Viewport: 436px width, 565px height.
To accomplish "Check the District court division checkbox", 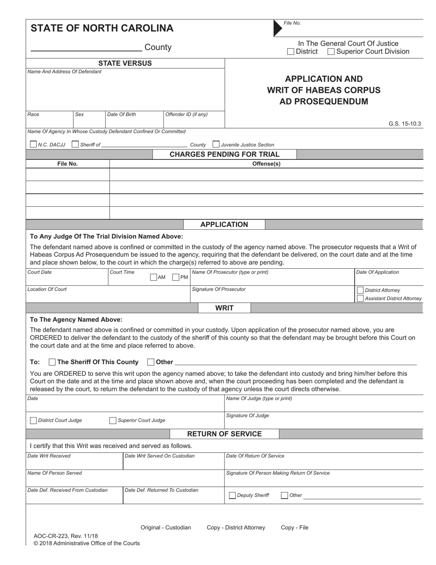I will [x=291, y=52].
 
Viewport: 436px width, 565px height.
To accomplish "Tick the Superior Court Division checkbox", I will [x=331, y=52].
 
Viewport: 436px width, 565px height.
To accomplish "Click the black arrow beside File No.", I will [x=278, y=28].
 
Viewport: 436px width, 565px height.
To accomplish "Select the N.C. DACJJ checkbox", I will [x=33, y=144].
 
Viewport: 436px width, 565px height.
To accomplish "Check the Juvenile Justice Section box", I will [x=216, y=144].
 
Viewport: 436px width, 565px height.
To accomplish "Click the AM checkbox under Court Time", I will [x=154, y=277].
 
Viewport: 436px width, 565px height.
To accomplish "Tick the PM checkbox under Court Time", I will [x=176, y=277].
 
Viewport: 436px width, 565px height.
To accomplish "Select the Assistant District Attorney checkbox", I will [x=360, y=299].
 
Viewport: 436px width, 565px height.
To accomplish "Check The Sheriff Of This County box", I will [x=52, y=362].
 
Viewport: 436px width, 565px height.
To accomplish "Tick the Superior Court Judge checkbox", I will [x=112, y=420].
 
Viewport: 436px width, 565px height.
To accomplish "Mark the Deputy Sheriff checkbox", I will [x=232, y=495].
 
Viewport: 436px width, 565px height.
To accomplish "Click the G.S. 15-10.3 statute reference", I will [x=404, y=124].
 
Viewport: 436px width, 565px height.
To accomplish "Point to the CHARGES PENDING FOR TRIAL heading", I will [x=224, y=154].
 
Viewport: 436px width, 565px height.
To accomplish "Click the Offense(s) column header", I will [x=266, y=164].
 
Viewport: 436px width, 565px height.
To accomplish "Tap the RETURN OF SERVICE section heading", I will [x=224, y=434].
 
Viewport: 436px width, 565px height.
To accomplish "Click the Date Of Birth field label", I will [x=121, y=114].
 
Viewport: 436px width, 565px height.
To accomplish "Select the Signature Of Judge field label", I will [x=248, y=416].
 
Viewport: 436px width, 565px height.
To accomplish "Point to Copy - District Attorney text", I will [x=236, y=527].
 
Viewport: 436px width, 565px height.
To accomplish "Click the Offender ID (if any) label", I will [x=186, y=114].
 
